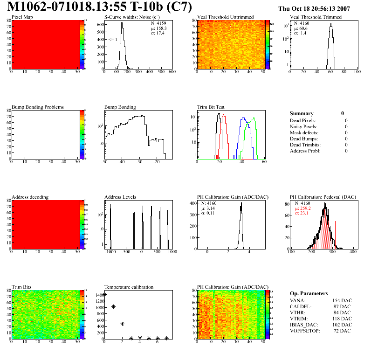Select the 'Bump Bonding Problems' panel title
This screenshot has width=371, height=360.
click(x=38, y=107)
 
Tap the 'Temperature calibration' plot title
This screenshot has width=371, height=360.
click(x=129, y=287)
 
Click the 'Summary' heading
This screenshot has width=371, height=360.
click(x=302, y=113)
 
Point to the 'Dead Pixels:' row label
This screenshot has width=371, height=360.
click(x=303, y=120)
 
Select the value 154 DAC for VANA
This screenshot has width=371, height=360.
click(x=342, y=300)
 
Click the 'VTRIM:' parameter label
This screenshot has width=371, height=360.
click(x=299, y=318)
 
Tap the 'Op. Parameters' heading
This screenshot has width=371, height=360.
click(x=309, y=293)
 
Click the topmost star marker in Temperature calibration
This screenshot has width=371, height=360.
click(x=105, y=295)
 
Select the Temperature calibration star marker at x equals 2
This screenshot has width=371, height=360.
click(x=122, y=324)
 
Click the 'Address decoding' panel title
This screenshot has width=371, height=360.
click(x=30, y=197)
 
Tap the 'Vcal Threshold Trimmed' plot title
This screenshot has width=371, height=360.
click(x=316, y=17)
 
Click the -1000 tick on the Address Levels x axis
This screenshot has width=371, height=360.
click(x=110, y=252)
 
